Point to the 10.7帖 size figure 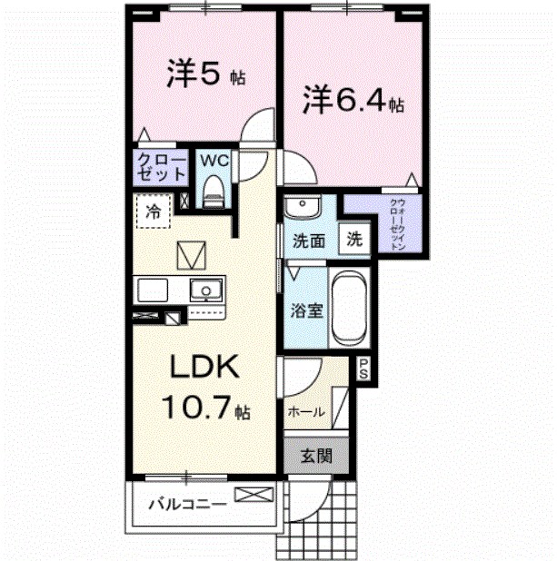point(204,409)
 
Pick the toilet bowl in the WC point(214,189)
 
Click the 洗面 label point(309,241)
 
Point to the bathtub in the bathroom point(345,307)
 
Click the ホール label point(307,411)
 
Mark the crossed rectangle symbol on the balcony point(253,496)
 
